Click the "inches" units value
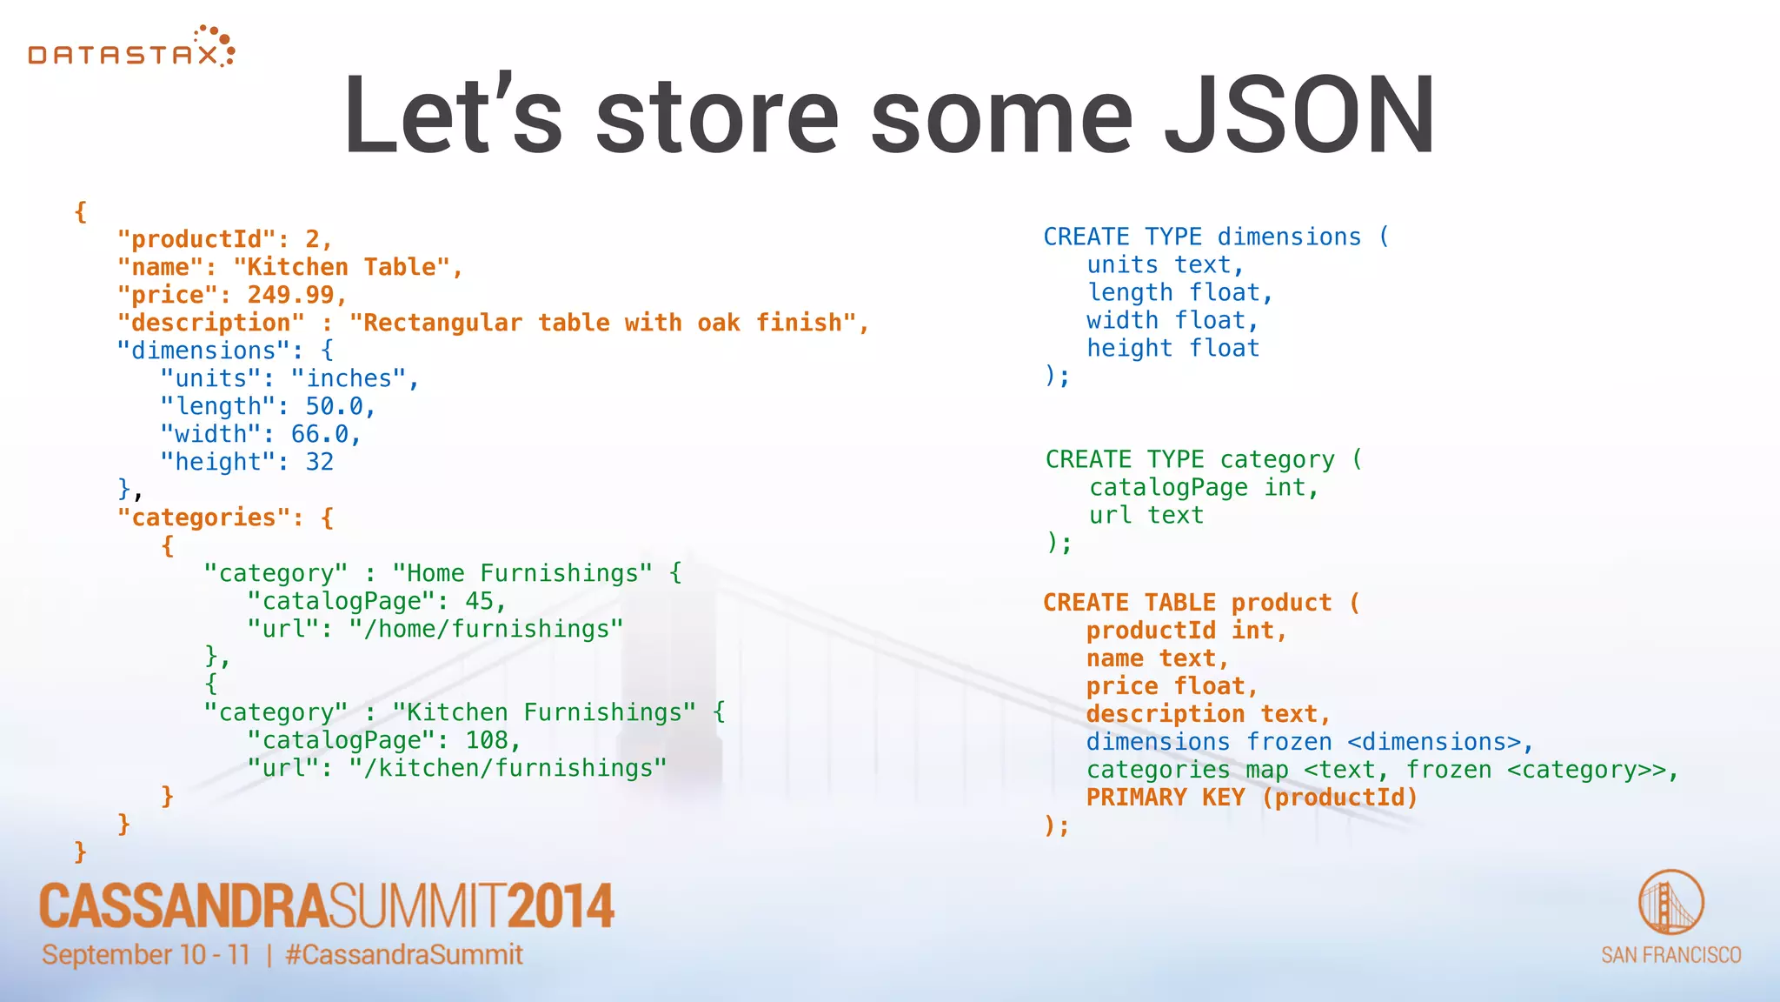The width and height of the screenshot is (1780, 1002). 348,378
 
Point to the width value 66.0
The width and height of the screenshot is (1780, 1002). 319,434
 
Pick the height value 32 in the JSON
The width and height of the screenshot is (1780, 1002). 319,462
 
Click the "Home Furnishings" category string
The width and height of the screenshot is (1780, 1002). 521,573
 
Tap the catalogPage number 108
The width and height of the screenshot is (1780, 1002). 487,740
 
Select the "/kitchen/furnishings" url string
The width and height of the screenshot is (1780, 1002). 508,768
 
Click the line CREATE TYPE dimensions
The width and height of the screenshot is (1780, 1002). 1215,237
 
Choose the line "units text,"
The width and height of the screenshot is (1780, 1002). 1165,264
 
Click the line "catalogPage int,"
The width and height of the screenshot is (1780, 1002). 1204,487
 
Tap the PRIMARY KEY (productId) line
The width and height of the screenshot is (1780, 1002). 1252,797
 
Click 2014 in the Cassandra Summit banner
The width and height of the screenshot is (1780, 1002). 561,906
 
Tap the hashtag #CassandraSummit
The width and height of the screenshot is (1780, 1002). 404,955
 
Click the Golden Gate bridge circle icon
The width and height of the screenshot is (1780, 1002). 1670,902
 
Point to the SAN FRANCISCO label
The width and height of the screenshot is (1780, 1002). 1670,955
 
